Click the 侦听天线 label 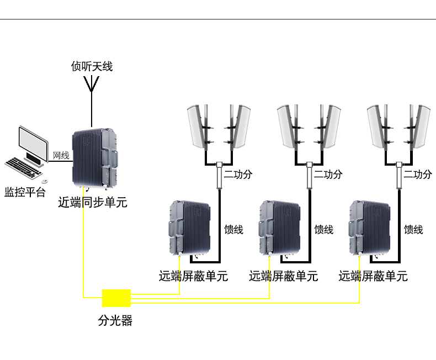pos(92,67)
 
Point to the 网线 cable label pos(61,156)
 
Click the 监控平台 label pos(25,193)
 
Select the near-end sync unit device pos(95,157)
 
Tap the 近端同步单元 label pos(93,203)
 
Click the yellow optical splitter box pos(116,298)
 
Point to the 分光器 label pos(115,320)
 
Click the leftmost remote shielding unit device pos(189,227)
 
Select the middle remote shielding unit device pos(280,227)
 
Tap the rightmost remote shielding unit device pos(371,227)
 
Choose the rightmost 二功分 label pos(417,174)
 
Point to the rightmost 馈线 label pos(413,230)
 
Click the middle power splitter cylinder pos(309,175)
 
